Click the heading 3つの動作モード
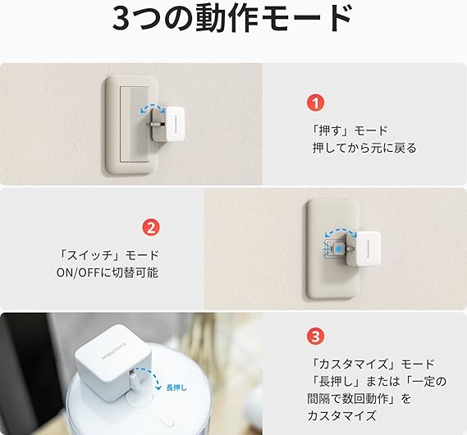232,19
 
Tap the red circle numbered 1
315,103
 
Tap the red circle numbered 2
151,227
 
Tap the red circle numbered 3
315,337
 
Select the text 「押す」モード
350,130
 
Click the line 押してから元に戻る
364,148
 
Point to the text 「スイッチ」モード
108,255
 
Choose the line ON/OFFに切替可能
108,272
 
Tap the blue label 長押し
176,387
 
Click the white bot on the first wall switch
175,123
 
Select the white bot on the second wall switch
368,249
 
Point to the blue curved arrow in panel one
153,107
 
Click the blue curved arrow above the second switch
341,231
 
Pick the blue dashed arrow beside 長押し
155,373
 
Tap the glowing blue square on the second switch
338,249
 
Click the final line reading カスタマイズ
341,415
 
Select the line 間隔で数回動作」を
359,398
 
